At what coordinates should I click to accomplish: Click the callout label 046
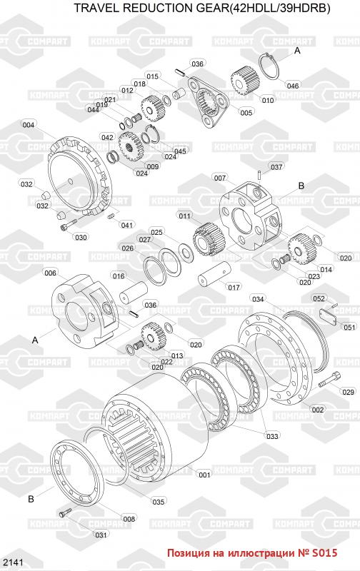coord(293,86)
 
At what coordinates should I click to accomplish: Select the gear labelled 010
coord(244,81)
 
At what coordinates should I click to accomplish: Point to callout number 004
coord(28,125)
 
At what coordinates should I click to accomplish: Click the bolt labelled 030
coord(69,224)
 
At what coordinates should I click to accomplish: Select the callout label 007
coord(220,178)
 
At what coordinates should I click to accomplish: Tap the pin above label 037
coord(259,174)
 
